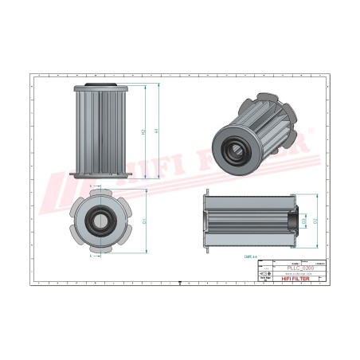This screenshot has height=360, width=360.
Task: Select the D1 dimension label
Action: [144, 221]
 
